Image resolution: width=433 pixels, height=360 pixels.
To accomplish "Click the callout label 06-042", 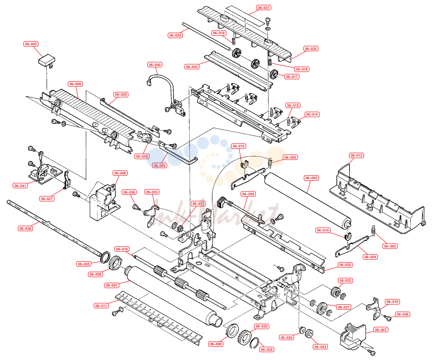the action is (31, 44).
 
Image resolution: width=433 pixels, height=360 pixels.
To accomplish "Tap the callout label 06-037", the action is (263, 8).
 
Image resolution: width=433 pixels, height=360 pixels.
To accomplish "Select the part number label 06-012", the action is (356, 156).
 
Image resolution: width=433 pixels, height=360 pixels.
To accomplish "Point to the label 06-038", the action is (25, 228).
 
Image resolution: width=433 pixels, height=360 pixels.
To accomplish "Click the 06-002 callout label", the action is (311, 178).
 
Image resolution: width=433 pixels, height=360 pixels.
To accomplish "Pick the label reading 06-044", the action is (192, 67).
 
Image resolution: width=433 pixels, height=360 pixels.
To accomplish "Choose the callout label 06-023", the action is (320, 347).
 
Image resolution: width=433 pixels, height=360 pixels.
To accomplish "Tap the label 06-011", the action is (101, 306).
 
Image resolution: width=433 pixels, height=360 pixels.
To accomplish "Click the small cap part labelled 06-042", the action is (46, 60).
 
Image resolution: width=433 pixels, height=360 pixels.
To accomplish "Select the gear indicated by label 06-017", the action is (274, 74).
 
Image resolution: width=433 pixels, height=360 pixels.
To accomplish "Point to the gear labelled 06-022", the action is (335, 292).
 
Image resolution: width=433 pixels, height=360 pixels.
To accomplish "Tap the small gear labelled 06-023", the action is (309, 333).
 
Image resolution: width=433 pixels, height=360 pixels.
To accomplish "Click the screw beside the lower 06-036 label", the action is (387, 318).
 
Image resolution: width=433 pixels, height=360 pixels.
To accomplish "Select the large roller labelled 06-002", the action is (308, 201).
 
